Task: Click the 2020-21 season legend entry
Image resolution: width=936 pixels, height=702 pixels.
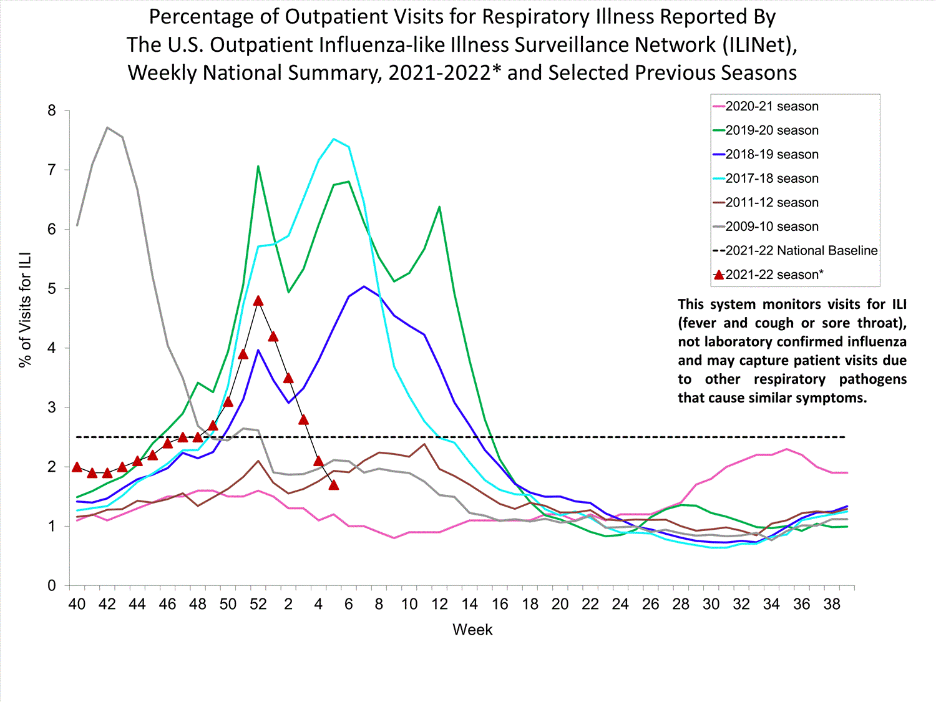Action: [771, 107]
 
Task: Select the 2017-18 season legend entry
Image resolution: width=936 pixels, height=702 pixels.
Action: [771, 178]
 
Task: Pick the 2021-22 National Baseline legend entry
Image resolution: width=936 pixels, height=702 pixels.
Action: [801, 251]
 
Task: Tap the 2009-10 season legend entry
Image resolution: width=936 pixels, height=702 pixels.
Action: [771, 227]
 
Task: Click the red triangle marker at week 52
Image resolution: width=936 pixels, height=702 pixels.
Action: [258, 301]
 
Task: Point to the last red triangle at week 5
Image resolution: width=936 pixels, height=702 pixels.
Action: [334, 485]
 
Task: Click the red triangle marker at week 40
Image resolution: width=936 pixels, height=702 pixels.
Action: [77, 467]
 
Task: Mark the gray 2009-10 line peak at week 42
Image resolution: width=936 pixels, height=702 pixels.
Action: [107, 128]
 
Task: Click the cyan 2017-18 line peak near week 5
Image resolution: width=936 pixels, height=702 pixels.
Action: [334, 139]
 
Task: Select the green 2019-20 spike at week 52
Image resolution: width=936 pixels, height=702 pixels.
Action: [258, 167]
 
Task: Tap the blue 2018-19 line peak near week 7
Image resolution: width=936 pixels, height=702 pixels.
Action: [364, 286]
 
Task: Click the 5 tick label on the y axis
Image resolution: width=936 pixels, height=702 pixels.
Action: [52, 289]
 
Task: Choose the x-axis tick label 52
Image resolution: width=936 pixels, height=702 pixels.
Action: [258, 604]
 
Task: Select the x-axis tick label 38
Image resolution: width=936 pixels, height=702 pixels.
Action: [832, 604]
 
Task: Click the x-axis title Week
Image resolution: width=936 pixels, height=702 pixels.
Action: [472, 630]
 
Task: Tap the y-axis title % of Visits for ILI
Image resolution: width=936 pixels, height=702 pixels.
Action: [25, 310]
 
